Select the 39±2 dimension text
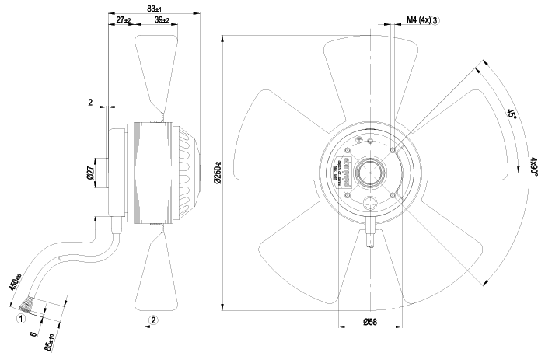pyautogui.click(x=163, y=19)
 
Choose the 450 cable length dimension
pyautogui.click(x=13, y=281)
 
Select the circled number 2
pyautogui.click(x=154, y=320)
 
